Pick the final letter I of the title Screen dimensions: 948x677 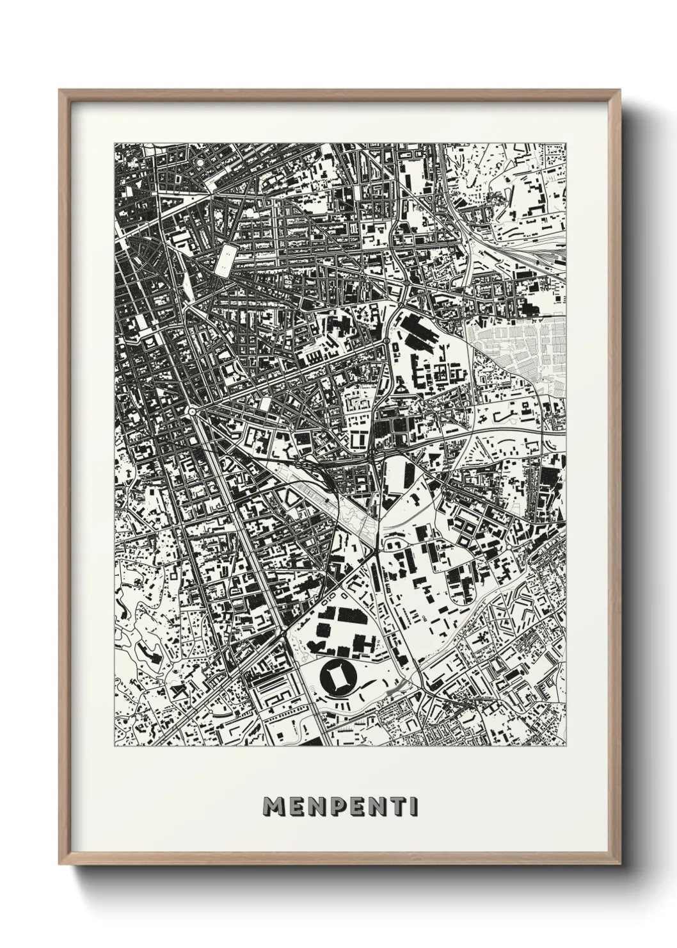pyautogui.click(x=415, y=806)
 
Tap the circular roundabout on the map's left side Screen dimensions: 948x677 pyautogui.click(x=192, y=411)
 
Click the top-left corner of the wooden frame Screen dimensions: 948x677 pyautogui.click(x=60, y=90)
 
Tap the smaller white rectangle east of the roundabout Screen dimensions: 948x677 pyautogui.click(x=265, y=404)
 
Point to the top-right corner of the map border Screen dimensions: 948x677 pyautogui.click(x=566, y=143)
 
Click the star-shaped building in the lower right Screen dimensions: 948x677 pyautogui.click(x=520, y=605)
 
